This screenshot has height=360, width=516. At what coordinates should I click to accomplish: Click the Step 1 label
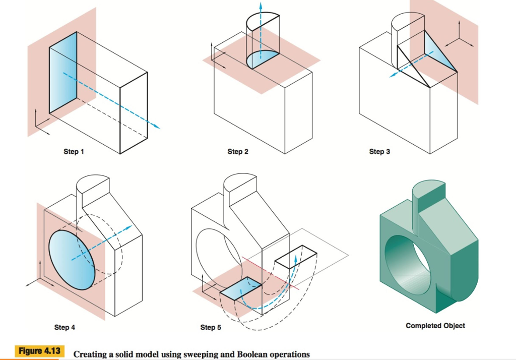(x=74, y=152)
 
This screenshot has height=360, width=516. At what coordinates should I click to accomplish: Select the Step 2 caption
(x=238, y=151)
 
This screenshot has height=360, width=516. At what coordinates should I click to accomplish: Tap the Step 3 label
(x=379, y=151)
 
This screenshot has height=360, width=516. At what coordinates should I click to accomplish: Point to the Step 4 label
(x=64, y=327)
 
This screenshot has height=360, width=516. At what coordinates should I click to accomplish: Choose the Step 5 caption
(x=211, y=327)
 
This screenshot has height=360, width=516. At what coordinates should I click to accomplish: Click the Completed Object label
(x=435, y=326)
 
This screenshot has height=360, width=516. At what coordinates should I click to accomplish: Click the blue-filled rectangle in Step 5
(x=240, y=288)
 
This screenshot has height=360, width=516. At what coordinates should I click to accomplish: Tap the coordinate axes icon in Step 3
(x=459, y=38)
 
